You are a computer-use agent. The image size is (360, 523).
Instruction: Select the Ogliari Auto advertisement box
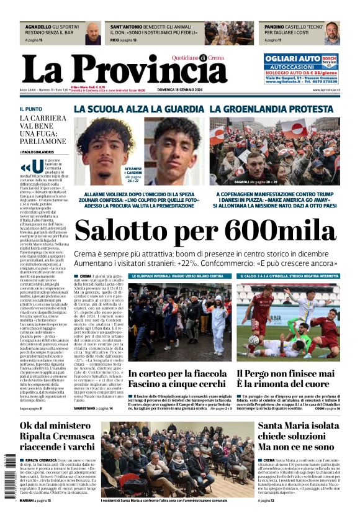[x=300, y=68]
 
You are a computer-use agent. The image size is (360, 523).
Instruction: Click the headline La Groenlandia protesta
[x=280, y=109]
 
